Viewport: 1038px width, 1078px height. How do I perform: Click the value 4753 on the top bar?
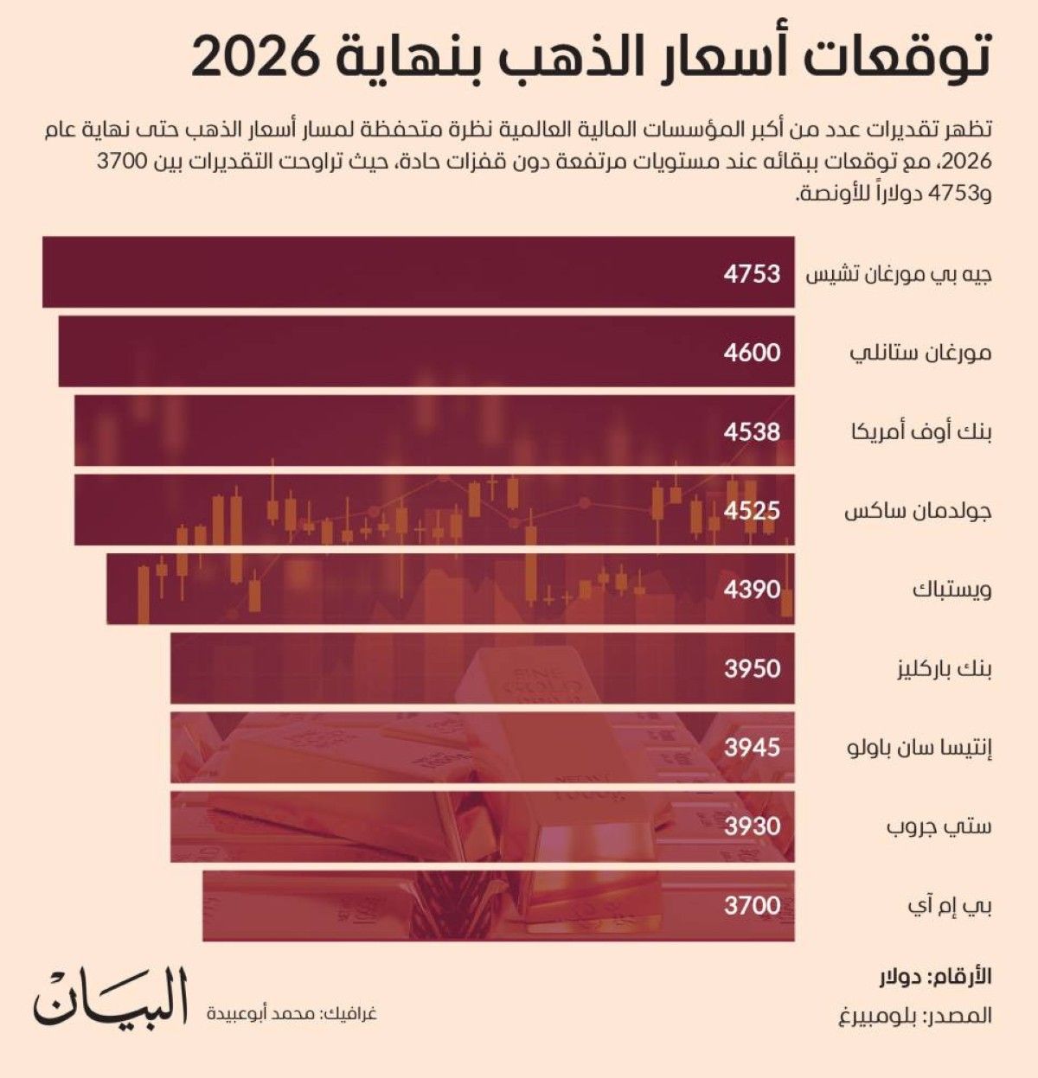pyautogui.click(x=752, y=274)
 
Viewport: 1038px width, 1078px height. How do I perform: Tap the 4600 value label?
pyautogui.click(x=752, y=353)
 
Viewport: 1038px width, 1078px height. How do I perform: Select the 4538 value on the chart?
pyautogui.click(x=752, y=431)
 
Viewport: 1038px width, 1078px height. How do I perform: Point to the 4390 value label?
pyautogui.click(x=752, y=590)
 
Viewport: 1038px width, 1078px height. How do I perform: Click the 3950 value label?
pyautogui.click(x=752, y=668)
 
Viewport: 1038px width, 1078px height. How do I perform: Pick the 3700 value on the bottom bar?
pyautogui.click(x=752, y=906)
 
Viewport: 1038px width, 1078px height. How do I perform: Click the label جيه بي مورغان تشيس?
pyautogui.click(x=899, y=274)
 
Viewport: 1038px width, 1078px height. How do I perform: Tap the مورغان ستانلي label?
pyautogui.click(x=920, y=353)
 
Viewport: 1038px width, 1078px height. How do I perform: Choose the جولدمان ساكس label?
pyautogui.click(x=917, y=511)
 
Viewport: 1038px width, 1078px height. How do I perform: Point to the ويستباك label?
pyautogui.click(x=951, y=590)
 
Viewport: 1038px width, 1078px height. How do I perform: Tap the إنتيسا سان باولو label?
pyautogui.click(x=919, y=747)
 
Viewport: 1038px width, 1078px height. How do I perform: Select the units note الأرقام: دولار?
pyautogui.click(x=933, y=977)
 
